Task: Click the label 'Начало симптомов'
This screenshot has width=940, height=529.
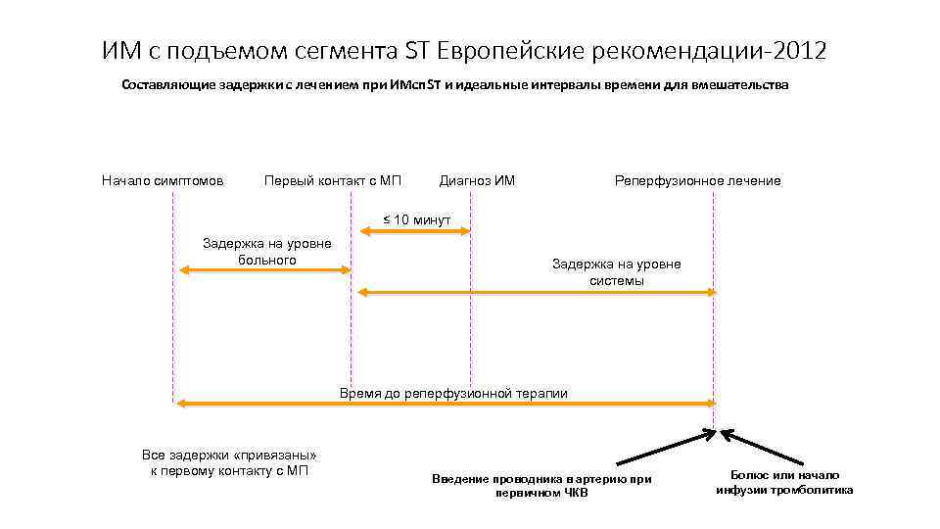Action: [163, 180]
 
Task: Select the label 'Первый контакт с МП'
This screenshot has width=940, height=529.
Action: [333, 180]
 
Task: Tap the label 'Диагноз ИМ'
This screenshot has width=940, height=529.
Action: [477, 180]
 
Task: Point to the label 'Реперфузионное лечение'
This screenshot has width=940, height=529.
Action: [697, 180]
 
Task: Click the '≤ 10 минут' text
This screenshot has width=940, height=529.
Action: [416, 219]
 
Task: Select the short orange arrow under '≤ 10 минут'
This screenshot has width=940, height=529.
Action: [415, 232]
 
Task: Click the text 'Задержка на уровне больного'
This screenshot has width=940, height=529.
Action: [266, 252]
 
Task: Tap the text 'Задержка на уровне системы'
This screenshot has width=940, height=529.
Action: [616, 272]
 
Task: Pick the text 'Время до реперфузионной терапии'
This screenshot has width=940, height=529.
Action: [453, 393]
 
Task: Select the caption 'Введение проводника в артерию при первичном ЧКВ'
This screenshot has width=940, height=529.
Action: [541, 485]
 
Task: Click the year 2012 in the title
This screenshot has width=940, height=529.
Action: [799, 51]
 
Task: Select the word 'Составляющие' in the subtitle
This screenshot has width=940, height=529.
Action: [166, 85]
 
